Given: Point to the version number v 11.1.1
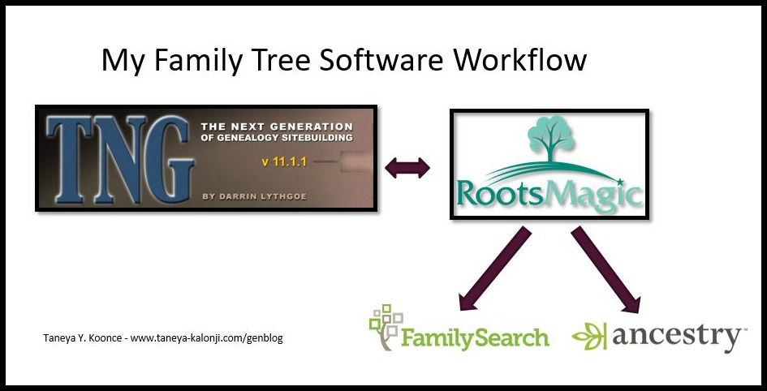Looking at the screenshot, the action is tap(283, 162).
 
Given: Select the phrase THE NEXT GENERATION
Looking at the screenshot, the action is tap(276, 127).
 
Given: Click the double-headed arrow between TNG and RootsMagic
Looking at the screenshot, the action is tap(407, 168).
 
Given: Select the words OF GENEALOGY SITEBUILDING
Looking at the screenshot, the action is tap(276, 138).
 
